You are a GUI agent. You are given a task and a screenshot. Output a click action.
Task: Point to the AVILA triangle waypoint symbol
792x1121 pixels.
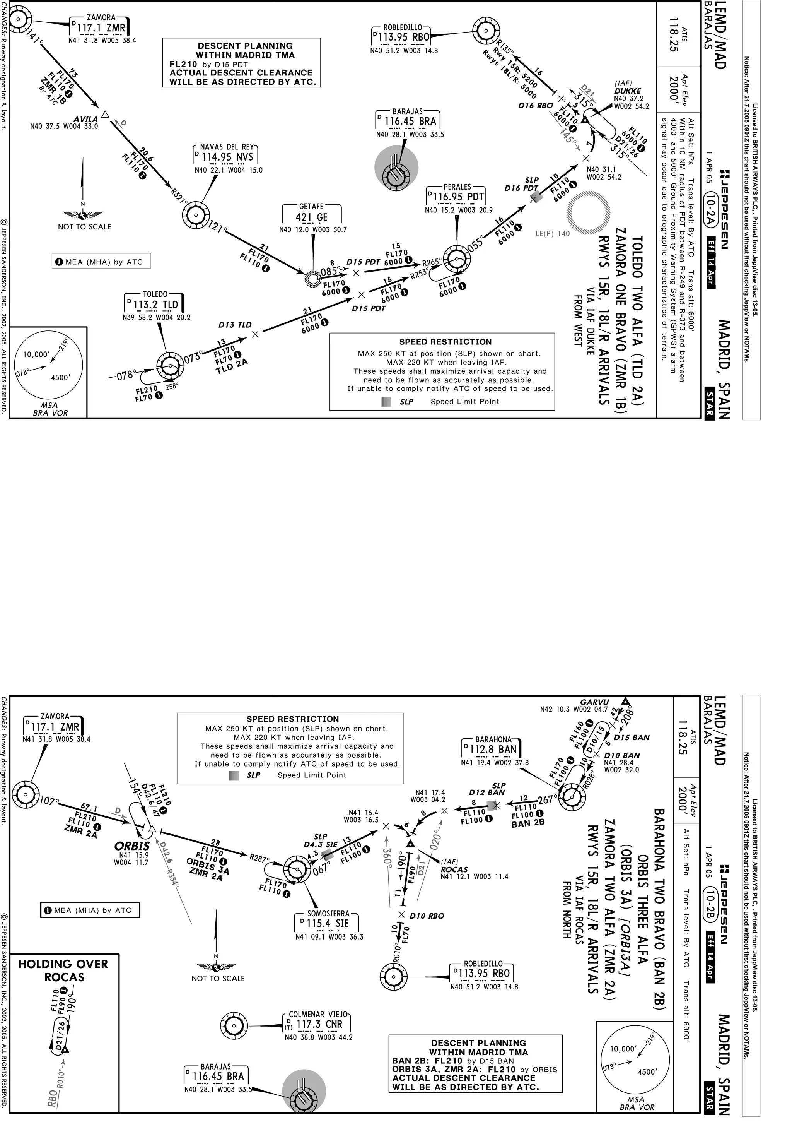pos(104,115)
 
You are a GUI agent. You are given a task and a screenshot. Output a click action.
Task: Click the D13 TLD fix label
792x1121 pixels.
pos(235,325)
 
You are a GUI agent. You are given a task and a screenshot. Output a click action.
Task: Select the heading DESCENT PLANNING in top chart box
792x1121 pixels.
pos(245,46)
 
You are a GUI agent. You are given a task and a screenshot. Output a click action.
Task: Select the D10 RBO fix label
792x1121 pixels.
pos(427,916)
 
